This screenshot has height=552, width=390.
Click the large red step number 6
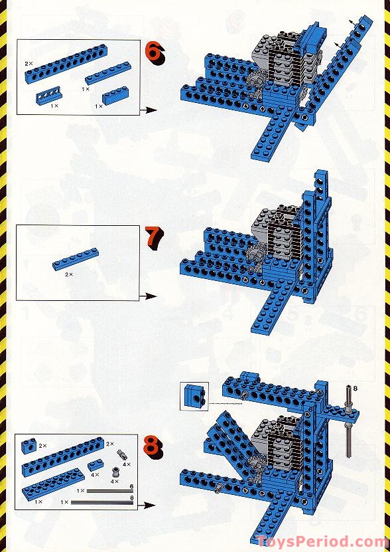[155, 53]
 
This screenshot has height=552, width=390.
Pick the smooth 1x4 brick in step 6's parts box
[115, 96]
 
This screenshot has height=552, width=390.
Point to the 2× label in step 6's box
[29, 64]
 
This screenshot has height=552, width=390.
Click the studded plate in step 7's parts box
[75, 259]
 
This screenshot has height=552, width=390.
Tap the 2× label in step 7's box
[69, 274]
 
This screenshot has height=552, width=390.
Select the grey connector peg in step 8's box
[122, 455]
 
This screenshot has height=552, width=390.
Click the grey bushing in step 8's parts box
[115, 472]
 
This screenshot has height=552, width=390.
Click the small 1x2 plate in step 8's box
[95, 465]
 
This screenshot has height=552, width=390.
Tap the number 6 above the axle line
[131, 486]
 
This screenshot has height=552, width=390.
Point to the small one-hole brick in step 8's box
[29, 446]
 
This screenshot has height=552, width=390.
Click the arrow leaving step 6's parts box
[148, 110]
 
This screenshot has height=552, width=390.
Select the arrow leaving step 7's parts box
[148, 296]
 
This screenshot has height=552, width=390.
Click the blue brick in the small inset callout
[194, 396]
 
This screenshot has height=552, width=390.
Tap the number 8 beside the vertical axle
[356, 389]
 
